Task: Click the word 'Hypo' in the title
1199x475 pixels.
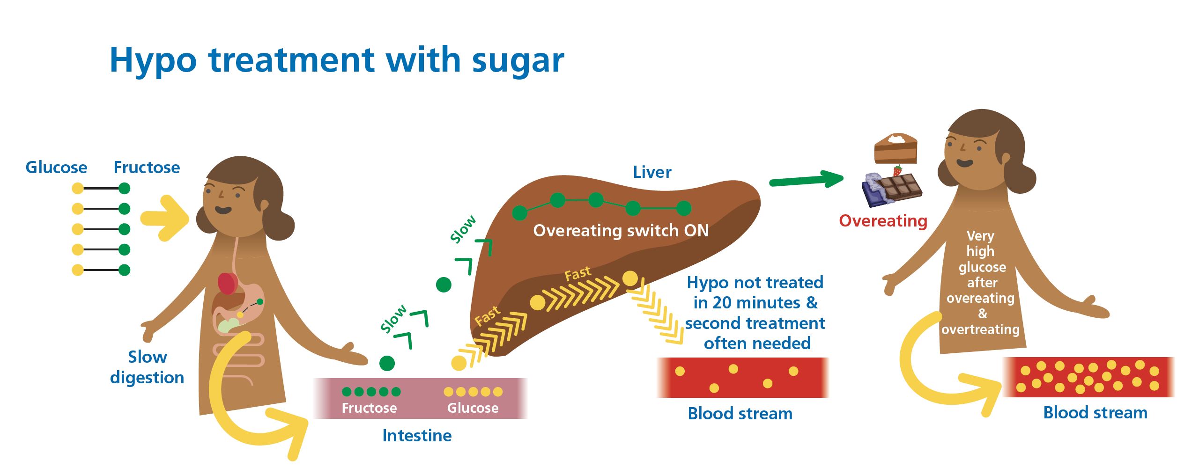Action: click(x=153, y=61)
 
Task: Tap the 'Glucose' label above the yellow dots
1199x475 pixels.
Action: click(x=56, y=168)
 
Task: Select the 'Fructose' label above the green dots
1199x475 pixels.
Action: click(x=147, y=168)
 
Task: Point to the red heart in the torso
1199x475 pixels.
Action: click(x=228, y=283)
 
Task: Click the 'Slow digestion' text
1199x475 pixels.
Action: click(x=147, y=367)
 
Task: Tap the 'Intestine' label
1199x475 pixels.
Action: click(x=417, y=436)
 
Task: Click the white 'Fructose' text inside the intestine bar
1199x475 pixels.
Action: click(x=369, y=408)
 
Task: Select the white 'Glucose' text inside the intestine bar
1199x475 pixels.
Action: click(x=473, y=408)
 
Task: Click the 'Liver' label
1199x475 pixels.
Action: click(x=652, y=172)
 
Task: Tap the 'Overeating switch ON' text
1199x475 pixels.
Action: click(x=621, y=231)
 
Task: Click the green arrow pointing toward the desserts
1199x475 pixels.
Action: click(x=806, y=180)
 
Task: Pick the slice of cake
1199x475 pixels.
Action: click(x=895, y=148)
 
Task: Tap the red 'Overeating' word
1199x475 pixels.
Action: click(x=883, y=221)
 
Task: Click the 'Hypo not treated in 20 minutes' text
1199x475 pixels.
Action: click(x=755, y=292)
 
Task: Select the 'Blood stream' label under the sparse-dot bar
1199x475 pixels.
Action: click(x=740, y=414)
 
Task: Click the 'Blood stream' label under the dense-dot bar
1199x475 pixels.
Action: click(x=1095, y=413)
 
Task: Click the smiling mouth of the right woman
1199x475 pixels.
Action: click(x=965, y=163)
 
